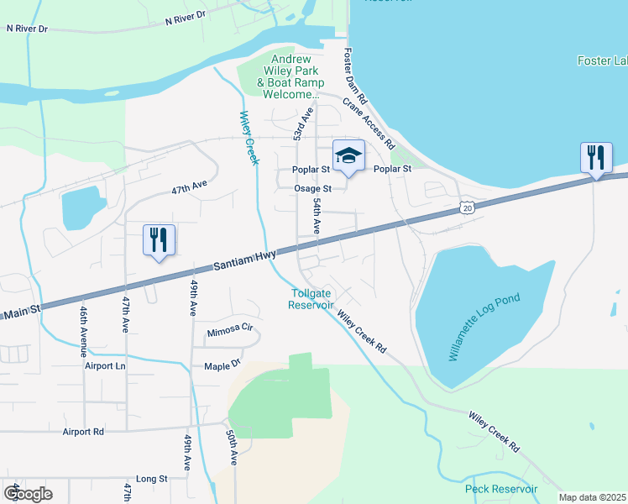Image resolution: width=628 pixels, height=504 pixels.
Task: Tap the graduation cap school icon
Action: pyautogui.click(x=348, y=155)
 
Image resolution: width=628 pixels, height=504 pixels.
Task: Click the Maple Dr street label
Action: pyautogui.click(x=222, y=366)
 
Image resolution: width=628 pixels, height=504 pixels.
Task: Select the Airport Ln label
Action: pyautogui.click(x=104, y=366)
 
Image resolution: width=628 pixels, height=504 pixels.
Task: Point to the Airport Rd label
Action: pyautogui.click(x=83, y=432)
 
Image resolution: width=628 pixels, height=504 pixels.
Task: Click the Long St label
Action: pyautogui.click(x=152, y=479)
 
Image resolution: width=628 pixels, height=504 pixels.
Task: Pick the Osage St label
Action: pyautogui.click(x=313, y=188)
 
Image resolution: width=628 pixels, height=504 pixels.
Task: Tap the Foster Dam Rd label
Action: pyautogui.click(x=352, y=80)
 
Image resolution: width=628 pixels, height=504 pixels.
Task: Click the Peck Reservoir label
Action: pyautogui.click(x=501, y=489)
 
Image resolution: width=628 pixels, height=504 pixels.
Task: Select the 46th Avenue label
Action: pyautogui.click(x=84, y=327)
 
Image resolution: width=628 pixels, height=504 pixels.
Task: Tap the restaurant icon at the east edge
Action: pyautogui.click(x=596, y=158)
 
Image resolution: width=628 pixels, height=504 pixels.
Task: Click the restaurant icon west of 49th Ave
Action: pyautogui.click(x=158, y=240)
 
